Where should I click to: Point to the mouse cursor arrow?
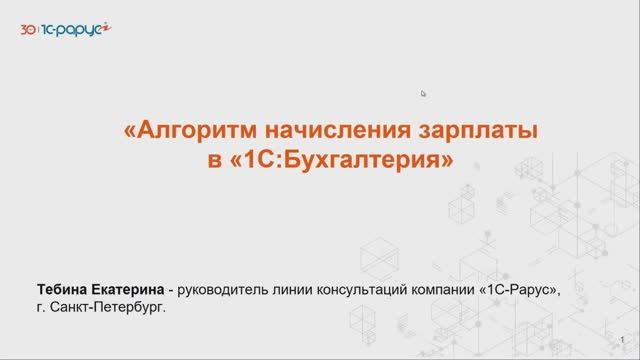[x=424, y=94]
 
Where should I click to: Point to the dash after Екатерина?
[x=172, y=291]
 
